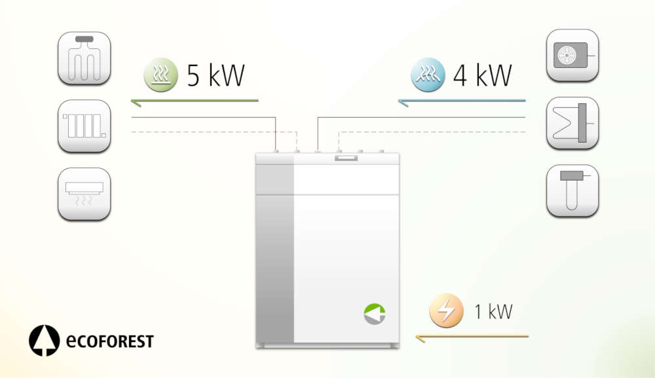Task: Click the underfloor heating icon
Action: coord(84,58)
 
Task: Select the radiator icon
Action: coord(84,126)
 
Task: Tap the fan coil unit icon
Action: coord(84,194)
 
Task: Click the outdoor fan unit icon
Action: coord(572,56)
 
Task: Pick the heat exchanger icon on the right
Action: coord(572,123)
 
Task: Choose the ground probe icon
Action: coord(572,190)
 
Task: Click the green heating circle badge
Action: coord(160,75)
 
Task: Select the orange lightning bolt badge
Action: coord(446,311)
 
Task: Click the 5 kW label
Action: coord(215,76)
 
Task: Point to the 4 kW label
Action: coord(482,76)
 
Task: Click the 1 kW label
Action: coord(493,312)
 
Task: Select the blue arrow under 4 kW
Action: coord(462,101)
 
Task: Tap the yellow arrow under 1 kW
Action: coord(472,337)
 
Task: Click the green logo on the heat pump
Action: coord(375,314)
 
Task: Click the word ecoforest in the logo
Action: coord(109,341)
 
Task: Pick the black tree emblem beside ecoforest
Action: coord(44,341)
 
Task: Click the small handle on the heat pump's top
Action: coord(345,158)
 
